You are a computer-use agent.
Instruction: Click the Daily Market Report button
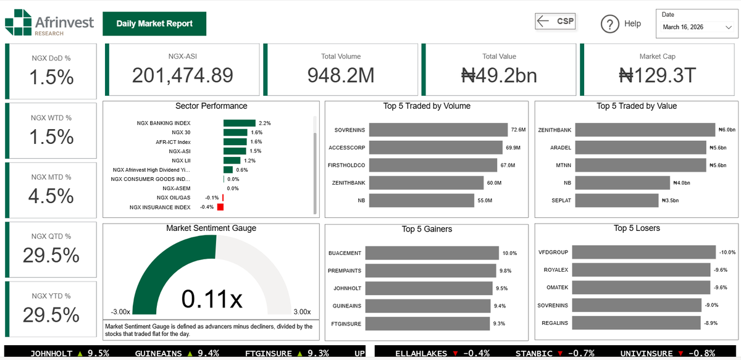[154, 23]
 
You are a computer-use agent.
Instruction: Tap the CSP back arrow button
[555, 21]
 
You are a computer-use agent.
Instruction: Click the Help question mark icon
[609, 23]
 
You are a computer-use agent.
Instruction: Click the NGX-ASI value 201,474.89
[183, 75]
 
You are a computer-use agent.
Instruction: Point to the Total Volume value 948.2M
[341, 75]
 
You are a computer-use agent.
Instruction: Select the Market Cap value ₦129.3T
[657, 75]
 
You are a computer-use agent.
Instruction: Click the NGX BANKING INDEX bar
[240, 123]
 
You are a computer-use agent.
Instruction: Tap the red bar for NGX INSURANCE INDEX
[220, 207]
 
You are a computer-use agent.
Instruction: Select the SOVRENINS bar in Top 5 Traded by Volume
[436, 130]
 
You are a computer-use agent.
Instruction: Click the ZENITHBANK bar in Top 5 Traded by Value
[645, 130]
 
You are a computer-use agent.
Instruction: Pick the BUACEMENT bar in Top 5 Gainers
[432, 253]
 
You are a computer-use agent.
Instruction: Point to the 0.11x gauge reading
[212, 299]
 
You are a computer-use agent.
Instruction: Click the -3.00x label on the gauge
[120, 312]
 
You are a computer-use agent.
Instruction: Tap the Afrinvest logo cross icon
[18, 22]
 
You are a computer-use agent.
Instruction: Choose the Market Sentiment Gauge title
[211, 228]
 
